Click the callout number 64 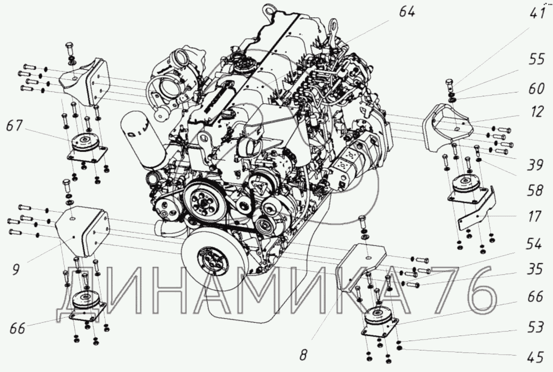tap(407, 11)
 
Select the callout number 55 tap(536, 59)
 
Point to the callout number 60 tap(536, 89)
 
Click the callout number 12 tap(536, 112)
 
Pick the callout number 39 tap(535, 165)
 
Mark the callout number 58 tap(535, 191)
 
